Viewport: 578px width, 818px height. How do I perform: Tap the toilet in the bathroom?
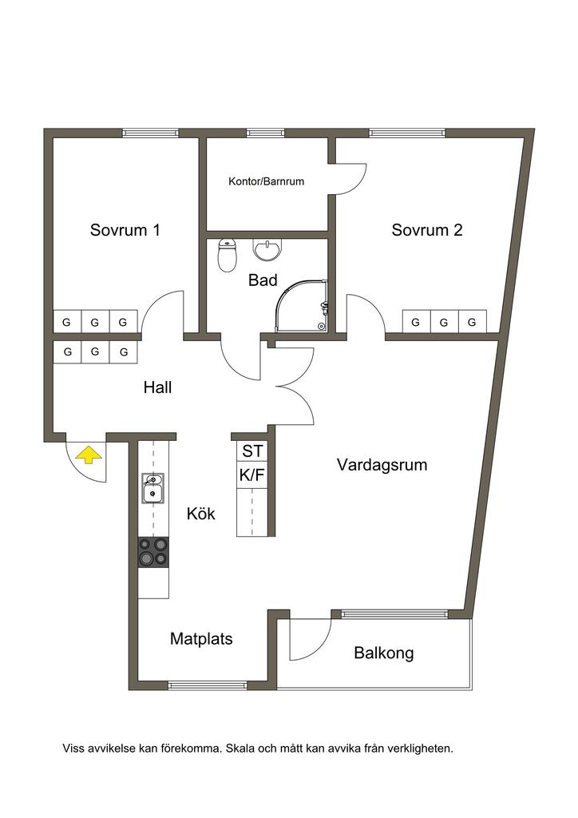pos(227,256)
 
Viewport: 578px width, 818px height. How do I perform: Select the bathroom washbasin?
pos(267,249)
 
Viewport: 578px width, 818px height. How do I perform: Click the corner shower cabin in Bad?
pos(303,306)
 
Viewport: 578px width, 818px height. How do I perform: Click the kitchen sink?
pos(152,488)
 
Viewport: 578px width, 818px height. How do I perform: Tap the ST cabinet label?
pos(253,451)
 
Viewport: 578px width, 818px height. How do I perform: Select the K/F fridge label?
pos(252,475)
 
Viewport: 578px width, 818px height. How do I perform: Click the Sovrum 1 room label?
pos(125,230)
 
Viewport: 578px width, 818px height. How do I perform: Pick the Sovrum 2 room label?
pos(427,230)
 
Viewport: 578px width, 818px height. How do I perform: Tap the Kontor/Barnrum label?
pos(267,181)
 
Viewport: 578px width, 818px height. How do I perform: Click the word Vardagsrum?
pos(382,465)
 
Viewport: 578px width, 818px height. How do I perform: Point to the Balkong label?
pos(383,653)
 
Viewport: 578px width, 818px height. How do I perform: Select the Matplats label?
pos(201,639)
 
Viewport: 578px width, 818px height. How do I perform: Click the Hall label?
pos(157,387)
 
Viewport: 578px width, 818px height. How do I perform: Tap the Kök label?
pos(200,514)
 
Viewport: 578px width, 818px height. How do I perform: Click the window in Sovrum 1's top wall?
pos(150,133)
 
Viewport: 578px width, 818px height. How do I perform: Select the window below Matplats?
pos(208,685)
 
